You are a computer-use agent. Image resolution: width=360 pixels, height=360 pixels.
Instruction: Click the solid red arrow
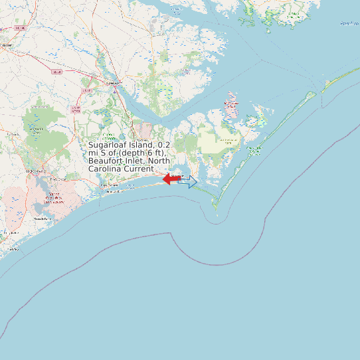(x=172, y=179)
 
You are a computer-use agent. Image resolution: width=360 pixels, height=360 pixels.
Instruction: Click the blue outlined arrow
(x=188, y=182)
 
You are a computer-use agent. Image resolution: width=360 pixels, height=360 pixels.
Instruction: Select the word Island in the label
(x=143, y=144)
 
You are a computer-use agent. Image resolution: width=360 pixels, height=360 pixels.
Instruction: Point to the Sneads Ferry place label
(x=43, y=219)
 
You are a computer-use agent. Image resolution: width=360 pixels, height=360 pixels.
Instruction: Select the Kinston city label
(x=7, y=45)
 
